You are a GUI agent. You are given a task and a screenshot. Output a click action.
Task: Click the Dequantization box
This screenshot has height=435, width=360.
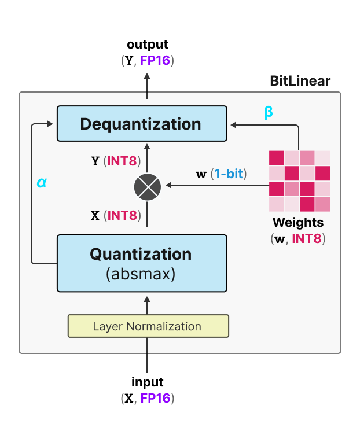point(141,124)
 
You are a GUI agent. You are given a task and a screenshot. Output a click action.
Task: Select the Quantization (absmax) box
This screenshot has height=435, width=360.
point(141,263)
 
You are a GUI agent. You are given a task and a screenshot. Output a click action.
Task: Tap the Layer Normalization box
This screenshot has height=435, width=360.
point(148,326)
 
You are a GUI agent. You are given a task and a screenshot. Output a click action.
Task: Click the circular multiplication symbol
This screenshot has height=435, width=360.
point(147,186)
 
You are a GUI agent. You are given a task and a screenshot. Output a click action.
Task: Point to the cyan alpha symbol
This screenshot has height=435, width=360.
point(41,182)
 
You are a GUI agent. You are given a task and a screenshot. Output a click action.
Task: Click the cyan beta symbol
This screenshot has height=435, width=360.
point(269,112)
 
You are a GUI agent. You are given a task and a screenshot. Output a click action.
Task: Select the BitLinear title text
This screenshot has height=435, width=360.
point(300,81)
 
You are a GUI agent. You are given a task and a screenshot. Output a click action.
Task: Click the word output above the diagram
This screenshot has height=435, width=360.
point(148,45)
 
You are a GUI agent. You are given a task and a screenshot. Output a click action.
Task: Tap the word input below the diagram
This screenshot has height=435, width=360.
point(148,382)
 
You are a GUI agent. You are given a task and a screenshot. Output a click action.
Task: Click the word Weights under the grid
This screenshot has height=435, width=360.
point(298,222)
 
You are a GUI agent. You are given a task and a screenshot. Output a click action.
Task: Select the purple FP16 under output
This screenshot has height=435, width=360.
point(155,60)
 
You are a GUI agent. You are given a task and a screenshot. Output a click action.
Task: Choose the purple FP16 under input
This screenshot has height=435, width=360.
point(155,398)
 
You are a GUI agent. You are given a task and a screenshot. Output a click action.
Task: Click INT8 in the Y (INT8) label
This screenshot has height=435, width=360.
point(122,161)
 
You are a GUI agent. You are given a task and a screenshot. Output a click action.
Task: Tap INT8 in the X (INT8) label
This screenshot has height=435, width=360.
point(122,216)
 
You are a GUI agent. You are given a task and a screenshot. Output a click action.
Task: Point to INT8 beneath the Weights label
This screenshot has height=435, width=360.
point(307,238)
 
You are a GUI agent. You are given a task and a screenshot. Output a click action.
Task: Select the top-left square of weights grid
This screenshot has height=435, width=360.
point(277,158)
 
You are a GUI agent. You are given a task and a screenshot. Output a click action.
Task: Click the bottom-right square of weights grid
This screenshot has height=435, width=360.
point(322,204)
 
